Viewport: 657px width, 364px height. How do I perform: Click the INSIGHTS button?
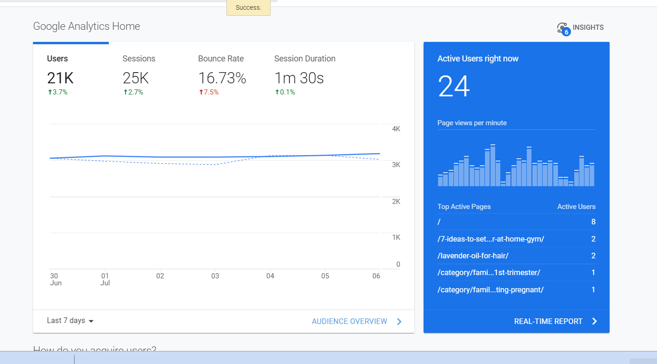click(x=581, y=27)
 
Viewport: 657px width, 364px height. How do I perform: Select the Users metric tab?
click(x=58, y=59)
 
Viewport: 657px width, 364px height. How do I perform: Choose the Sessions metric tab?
click(x=139, y=59)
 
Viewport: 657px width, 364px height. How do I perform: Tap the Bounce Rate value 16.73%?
click(x=222, y=78)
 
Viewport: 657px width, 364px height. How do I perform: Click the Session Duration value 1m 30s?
click(x=299, y=78)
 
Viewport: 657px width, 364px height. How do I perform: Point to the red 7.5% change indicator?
click(x=209, y=92)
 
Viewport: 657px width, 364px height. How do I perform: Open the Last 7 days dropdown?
click(x=70, y=321)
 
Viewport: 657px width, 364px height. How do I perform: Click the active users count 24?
click(x=454, y=87)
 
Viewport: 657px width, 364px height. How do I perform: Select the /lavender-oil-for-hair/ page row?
click(x=473, y=256)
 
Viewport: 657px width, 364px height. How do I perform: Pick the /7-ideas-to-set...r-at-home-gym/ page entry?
click(x=491, y=239)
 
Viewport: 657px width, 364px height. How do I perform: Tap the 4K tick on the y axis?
click(x=396, y=129)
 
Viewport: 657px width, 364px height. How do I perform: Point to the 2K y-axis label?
click(x=396, y=202)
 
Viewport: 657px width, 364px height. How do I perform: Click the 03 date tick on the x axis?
click(x=215, y=276)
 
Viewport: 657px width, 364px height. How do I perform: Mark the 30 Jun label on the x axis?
click(x=55, y=279)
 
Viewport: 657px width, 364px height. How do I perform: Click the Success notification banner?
click(x=248, y=8)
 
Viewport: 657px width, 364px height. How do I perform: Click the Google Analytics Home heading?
click(x=86, y=26)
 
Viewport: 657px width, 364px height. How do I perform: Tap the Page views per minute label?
click(x=472, y=123)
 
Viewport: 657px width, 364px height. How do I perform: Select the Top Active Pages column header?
click(x=464, y=207)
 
